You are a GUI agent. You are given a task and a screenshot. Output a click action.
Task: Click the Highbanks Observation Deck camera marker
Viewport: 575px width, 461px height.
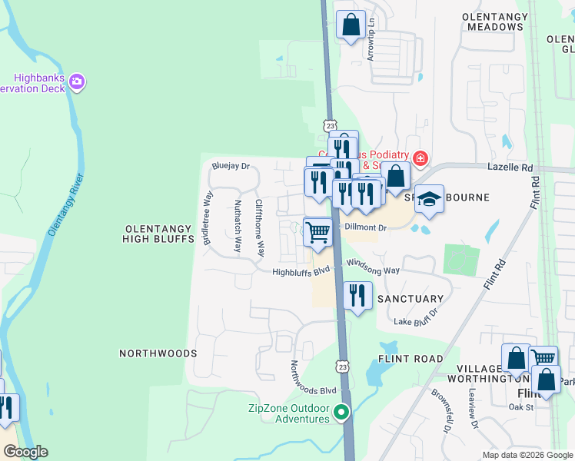(x=76, y=81)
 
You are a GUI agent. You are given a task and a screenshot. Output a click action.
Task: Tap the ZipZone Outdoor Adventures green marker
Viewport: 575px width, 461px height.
(x=341, y=413)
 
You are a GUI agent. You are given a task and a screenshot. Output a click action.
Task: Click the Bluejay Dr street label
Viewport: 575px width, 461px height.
(x=231, y=166)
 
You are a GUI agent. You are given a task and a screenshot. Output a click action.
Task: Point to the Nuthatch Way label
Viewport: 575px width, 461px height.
(x=238, y=227)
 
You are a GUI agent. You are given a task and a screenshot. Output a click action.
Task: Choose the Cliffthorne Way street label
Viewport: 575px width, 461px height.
(x=260, y=228)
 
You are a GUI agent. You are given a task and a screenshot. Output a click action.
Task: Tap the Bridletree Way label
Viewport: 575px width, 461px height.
(x=207, y=218)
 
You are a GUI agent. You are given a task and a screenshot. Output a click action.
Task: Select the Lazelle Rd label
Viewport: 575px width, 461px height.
(x=510, y=166)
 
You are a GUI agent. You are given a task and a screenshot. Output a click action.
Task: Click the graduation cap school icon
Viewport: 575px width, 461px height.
(x=430, y=199)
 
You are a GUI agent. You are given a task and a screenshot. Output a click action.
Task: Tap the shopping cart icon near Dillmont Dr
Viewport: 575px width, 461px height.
(x=317, y=231)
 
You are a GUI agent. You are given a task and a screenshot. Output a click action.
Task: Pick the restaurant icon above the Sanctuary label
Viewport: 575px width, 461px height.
(x=357, y=294)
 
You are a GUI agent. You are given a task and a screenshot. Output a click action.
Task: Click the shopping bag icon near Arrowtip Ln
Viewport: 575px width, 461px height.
(x=351, y=24)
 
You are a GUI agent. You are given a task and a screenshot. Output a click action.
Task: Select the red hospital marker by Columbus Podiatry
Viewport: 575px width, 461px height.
(x=420, y=159)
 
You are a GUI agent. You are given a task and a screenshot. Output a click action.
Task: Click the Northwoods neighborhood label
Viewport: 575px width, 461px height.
(x=158, y=353)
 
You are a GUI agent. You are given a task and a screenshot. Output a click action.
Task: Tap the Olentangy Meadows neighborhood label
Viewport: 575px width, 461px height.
(x=496, y=22)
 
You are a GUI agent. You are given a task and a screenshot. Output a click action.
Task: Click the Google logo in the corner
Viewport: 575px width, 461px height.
(x=25, y=452)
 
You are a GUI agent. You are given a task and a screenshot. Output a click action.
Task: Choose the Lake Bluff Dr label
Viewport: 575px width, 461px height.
(x=416, y=318)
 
